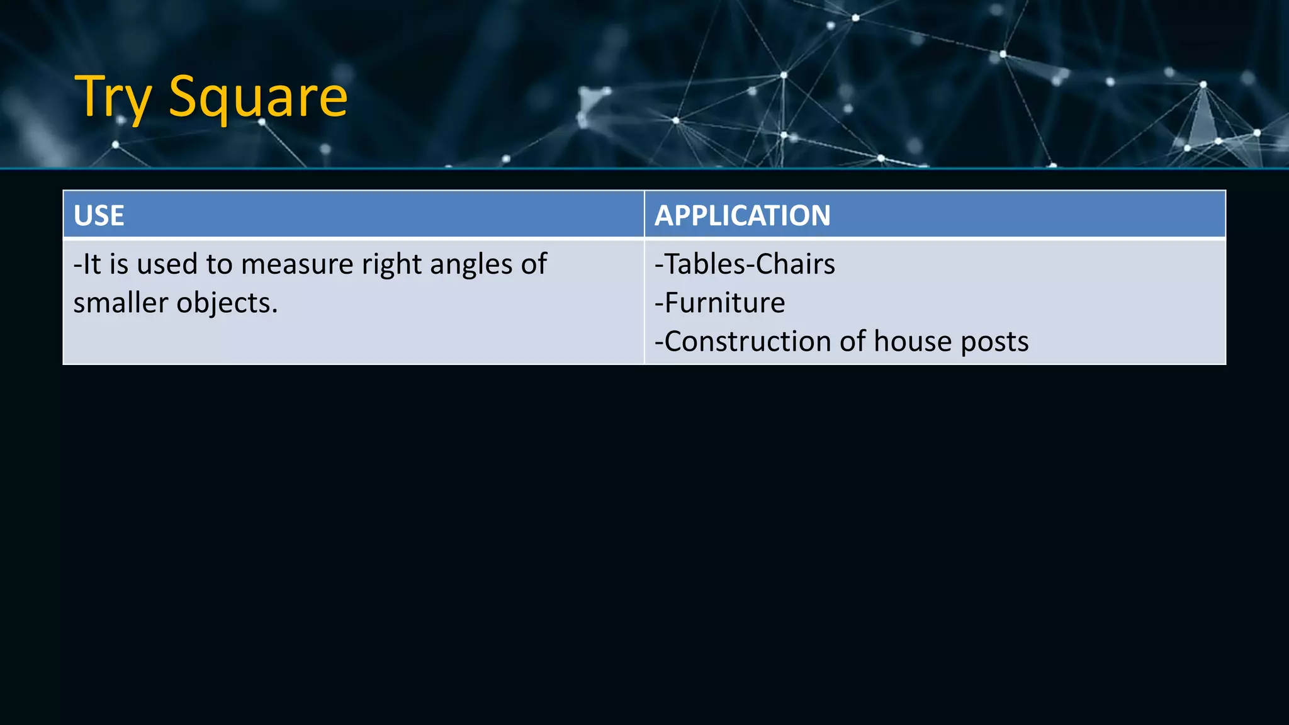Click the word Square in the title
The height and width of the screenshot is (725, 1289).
tap(258, 98)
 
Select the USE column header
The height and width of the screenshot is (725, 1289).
tap(99, 215)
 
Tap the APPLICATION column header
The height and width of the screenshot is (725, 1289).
tap(743, 215)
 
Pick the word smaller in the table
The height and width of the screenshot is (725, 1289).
tap(120, 303)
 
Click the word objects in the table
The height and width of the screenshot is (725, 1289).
tap(227, 303)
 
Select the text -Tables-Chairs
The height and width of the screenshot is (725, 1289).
tap(745, 264)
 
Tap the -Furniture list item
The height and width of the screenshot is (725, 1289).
tap(720, 303)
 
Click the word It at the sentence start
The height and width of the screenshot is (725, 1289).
tap(91, 264)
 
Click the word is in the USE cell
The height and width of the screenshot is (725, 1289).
tap(119, 264)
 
